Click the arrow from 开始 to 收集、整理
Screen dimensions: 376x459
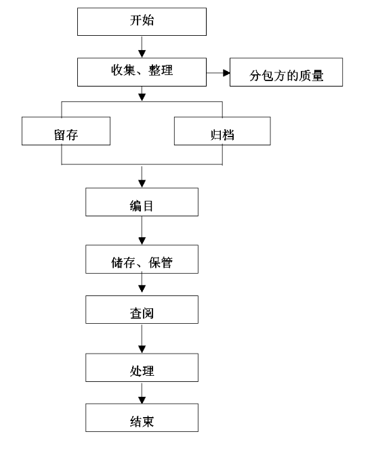click(x=142, y=47)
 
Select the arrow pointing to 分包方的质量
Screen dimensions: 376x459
click(x=218, y=73)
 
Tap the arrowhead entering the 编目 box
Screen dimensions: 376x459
click(x=142, y=184)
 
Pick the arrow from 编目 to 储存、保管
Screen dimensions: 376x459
click(x=142, y=231)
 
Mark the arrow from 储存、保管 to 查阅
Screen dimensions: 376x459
click(x=142, y=283)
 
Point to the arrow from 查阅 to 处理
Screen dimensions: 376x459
click(x=142, y=339)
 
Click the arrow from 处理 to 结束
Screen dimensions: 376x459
click(x=142, y=393)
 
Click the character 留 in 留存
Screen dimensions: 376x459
click(x=60, y=135)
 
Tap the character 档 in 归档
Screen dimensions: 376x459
click(x=228, y=135)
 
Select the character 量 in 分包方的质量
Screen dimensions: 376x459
click(x=318, y=76)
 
